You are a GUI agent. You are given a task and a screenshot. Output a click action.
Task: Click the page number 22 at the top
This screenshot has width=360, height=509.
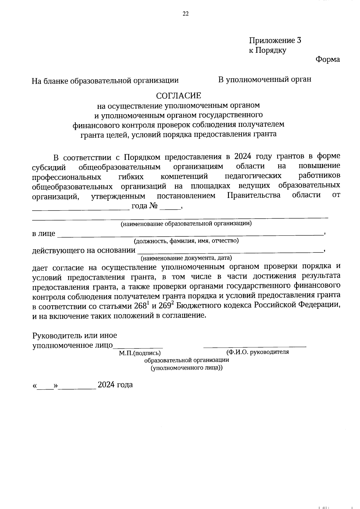tap(185, 13)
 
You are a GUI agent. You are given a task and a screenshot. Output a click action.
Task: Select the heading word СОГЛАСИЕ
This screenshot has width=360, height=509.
tap(178, 96)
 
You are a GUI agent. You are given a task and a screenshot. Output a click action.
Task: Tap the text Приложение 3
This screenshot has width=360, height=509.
tap(275, 40)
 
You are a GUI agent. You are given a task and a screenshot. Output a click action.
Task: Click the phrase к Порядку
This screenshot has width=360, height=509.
tap(267, 50)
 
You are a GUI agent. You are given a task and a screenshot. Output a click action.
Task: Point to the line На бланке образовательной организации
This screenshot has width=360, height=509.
tap(105, 81)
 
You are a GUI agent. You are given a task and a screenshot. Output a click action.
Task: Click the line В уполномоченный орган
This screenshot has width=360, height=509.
tap(265, 79)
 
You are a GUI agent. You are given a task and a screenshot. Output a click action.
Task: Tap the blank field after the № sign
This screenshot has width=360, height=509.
tap(170, 207)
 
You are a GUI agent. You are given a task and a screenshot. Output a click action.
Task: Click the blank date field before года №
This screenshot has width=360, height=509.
tap(81, 208)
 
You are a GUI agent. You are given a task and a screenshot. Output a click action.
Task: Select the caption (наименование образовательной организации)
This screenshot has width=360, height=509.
tap(186, 223)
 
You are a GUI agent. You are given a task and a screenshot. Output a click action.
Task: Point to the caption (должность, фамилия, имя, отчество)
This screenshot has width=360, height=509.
tap(186, 241)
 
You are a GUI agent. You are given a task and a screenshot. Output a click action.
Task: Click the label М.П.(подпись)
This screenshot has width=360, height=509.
tap(140, 353)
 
